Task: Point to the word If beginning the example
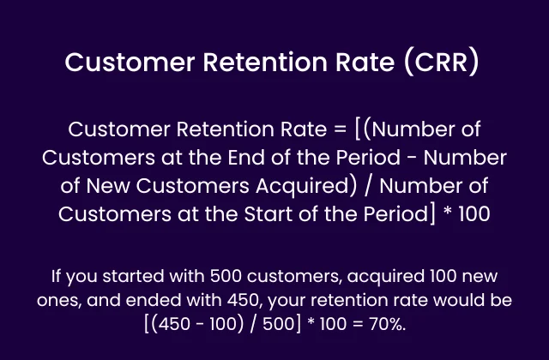(x=58, y=277)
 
